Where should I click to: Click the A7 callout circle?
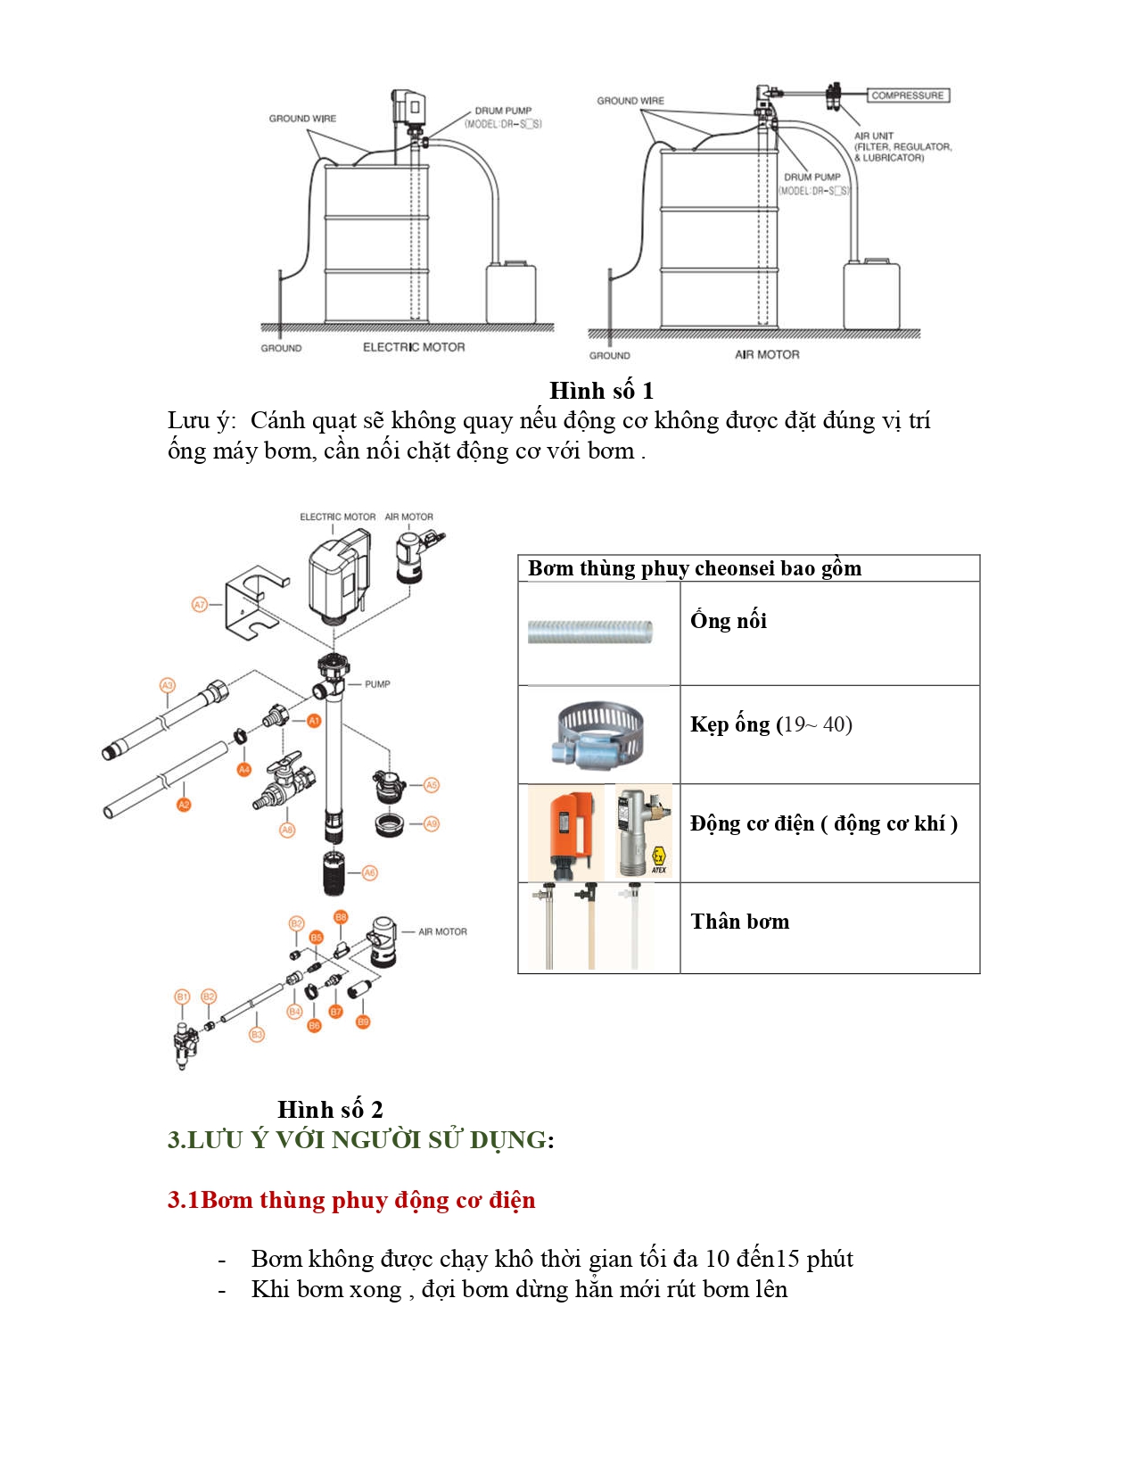point(200,605)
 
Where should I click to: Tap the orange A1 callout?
point(314,721)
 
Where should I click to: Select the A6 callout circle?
point(370,872)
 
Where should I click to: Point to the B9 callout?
point(363,1021)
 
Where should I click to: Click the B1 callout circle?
point(182,996)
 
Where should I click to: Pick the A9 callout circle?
point(432,823)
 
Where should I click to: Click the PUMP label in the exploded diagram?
point(377,684)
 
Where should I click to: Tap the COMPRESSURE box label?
point(907,95)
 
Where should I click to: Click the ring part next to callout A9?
point(391,823)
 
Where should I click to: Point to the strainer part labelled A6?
point(334,873)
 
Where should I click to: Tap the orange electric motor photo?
point(566,832)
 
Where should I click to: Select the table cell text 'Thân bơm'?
point(739,922)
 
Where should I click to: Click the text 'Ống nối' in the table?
point(728,621)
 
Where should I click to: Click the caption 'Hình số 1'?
point(601,391)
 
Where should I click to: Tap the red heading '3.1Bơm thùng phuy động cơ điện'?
point(351,1200)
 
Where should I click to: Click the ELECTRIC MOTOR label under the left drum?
point(414,347)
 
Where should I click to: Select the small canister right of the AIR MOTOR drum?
point(870,294)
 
